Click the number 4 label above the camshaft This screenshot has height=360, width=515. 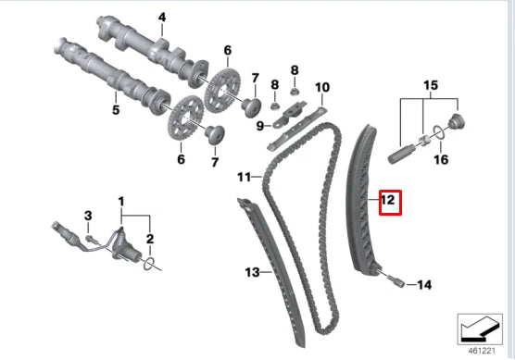click(x=162, y=18)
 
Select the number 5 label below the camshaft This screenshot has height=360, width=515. click(x=116, y=109)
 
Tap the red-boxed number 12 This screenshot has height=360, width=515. click(x=390, y=203)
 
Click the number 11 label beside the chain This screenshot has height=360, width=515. click(x=244, y=177)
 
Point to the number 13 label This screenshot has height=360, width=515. click(x=252, y=272)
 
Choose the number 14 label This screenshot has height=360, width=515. click(x=424, y=284)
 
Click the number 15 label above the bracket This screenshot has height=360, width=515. click(x=431, y=85)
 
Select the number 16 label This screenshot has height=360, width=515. click(x=441, y=160)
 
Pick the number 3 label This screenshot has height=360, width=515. click(x=88, y=216)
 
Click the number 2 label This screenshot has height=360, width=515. click(x=150, y=239)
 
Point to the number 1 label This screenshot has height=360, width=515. click(x=121, y=202)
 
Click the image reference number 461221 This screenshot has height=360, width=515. click(x=481, y=351)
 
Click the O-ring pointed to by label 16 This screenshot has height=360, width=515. click(x=439, y=131)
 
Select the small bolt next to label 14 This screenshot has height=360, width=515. click(x=395, y=280)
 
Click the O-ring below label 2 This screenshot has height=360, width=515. click(x=149, y=264)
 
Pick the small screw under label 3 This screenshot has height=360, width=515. click(x=92, y=239)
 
